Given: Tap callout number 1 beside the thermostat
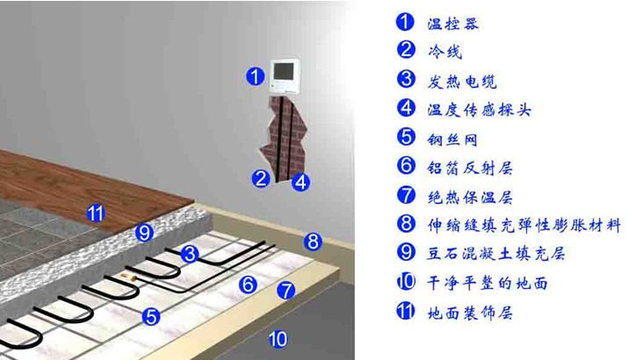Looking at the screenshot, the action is tap(255, 76).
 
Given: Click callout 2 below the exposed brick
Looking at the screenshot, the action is tap(261, 178).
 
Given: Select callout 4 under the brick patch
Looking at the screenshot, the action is tap(300, 183).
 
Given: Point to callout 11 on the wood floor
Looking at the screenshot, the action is tap(96, 213).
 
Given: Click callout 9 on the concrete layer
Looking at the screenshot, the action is tap(144, 233).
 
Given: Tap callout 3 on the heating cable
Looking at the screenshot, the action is tap(190, 254).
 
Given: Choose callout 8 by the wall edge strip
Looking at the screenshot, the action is tap(313, 241).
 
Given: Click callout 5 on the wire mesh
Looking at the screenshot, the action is tap(151, 317).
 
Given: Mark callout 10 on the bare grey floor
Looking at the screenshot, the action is tap(278, 339).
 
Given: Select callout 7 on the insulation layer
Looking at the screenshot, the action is tap(286, 291).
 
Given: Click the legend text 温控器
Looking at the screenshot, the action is tap(453, 24).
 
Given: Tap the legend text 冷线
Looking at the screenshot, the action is tap(445, 51).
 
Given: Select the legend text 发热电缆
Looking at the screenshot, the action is tap(462, 82).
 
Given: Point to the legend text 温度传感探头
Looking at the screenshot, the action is tap(480, 110).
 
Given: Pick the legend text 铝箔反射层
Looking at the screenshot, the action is tap(470, 168).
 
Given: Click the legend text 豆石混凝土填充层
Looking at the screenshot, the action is tap(495, 254).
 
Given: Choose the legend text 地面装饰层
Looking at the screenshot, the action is tap(470, 313).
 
